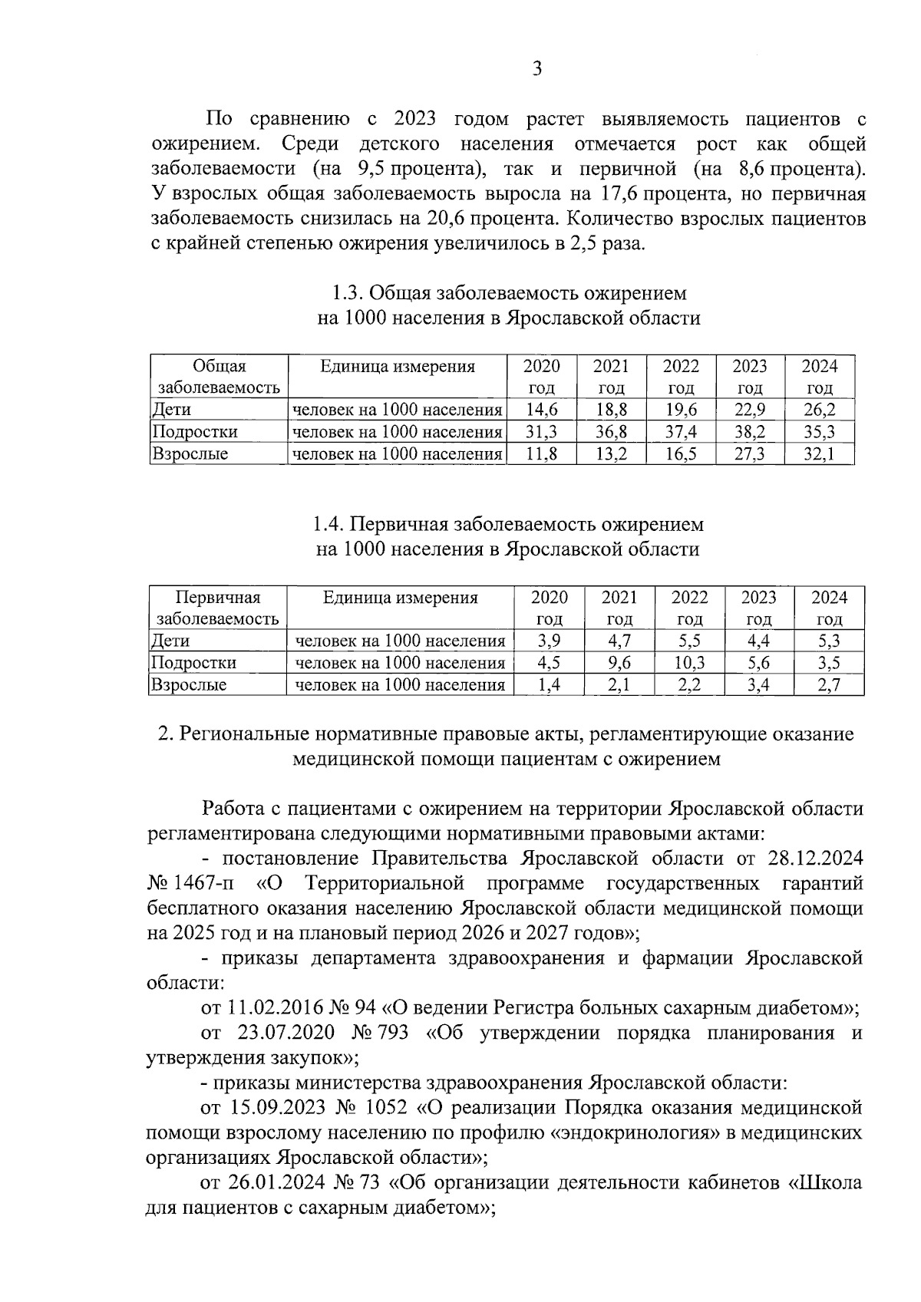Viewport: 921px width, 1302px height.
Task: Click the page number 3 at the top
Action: click(537, 69)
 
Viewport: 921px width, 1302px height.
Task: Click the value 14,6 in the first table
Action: click(541, 410)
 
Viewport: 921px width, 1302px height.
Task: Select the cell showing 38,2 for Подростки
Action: click(749, 432)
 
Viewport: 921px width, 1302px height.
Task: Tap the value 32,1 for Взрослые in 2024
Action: click(819, 454)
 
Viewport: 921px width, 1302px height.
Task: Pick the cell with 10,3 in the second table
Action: click(689, 663)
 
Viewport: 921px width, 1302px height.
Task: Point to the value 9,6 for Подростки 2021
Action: click(619, 663)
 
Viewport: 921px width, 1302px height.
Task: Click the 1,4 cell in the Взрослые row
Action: click(550, 685)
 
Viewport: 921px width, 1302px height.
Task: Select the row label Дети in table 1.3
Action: click(172, 410)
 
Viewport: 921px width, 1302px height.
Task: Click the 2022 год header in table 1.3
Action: click(680, 376)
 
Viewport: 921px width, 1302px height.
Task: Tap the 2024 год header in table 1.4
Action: click(829, 608)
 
